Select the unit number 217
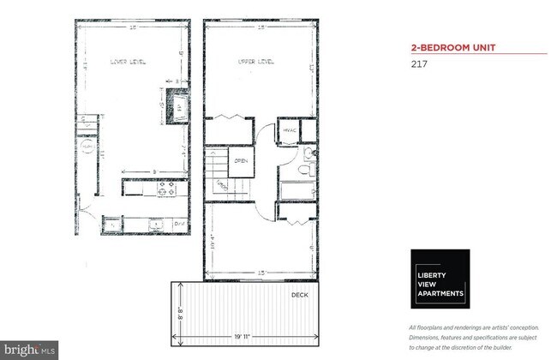pos(420,63)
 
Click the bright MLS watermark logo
pos(30,350)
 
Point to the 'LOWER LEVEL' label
pos(129,61)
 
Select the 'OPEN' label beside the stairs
pos(242,160)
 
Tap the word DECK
pos(299,294)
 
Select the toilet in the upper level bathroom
pos(308,155)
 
